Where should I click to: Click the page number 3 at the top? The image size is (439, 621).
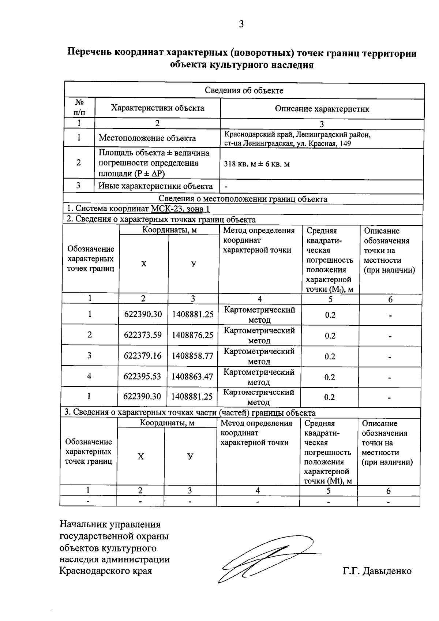pos(241,25)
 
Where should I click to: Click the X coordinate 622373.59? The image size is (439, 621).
pos(143,335)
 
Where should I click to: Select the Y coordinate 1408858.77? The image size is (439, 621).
pos(192,356)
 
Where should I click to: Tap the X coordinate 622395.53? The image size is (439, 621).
pos(142,377)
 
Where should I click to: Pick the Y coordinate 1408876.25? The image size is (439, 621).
pos(192,335)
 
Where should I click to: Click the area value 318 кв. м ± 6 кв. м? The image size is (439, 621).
pos(257,164)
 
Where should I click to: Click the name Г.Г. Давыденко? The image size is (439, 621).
pos(377,571)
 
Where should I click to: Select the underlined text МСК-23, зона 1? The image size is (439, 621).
pos(180,209)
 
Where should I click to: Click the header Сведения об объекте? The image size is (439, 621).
pos(244,91)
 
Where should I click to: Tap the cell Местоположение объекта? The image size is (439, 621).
pos(147,138)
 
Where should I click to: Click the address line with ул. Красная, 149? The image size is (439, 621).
pos(288,144)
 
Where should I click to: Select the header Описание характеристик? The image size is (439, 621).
pos(322,109)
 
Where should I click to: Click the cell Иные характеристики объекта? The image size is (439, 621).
pos(155,186)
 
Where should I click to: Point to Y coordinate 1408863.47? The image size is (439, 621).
pos(192,377)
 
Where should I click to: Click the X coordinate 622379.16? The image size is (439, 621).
pos(143,356)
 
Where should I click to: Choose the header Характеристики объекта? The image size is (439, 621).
pos(157,108)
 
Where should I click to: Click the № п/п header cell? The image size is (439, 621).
pos(79,108)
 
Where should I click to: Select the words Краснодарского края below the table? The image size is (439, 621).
pos(105,571)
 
